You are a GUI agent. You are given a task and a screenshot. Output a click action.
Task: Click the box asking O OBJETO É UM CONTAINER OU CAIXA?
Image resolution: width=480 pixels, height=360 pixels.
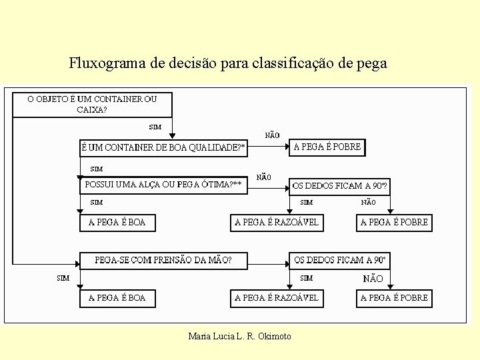(92, 105)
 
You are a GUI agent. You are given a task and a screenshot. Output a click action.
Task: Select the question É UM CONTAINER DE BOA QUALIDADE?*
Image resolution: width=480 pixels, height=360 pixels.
(163, 147)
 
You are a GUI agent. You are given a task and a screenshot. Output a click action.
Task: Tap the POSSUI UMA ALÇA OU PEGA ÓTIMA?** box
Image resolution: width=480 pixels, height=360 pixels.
(163, 185)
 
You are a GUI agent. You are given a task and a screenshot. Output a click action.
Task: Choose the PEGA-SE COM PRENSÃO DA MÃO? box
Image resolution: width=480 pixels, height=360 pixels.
(163, 260)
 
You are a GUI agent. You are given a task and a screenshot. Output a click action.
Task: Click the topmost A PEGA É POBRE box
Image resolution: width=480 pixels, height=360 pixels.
(327, 147)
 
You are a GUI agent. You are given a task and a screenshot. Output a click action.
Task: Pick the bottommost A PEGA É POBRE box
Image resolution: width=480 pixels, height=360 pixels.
(394, 298)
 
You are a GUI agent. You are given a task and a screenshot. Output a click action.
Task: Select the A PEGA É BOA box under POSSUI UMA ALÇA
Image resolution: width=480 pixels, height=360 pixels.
(117, 223)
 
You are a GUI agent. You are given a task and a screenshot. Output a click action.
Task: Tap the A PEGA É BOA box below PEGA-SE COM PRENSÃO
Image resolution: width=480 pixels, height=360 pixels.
(117, 298)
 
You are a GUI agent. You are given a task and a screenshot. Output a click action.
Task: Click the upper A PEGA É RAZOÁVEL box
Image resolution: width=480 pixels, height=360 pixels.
(277, 223)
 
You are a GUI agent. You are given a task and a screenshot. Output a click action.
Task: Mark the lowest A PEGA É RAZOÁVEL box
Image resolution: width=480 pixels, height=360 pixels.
(277, 298)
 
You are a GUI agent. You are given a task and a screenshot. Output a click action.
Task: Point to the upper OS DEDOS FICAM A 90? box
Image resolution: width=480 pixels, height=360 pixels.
(339, 185)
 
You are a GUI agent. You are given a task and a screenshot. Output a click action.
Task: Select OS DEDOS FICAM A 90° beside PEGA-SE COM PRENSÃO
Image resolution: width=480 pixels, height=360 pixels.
(339, 260)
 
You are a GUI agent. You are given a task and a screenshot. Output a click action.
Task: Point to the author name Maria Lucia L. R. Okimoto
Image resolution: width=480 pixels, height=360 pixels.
(240, 336)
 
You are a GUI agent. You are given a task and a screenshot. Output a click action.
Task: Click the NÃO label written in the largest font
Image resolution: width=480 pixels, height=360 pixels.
(373, 279)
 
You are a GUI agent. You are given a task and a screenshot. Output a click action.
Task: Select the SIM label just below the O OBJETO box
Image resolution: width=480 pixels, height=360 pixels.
(155, 127)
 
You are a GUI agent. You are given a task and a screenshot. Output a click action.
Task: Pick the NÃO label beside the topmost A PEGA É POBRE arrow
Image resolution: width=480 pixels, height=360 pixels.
(272, 135)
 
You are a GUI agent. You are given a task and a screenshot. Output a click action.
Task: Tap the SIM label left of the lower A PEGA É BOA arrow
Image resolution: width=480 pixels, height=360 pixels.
(63, 278)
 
